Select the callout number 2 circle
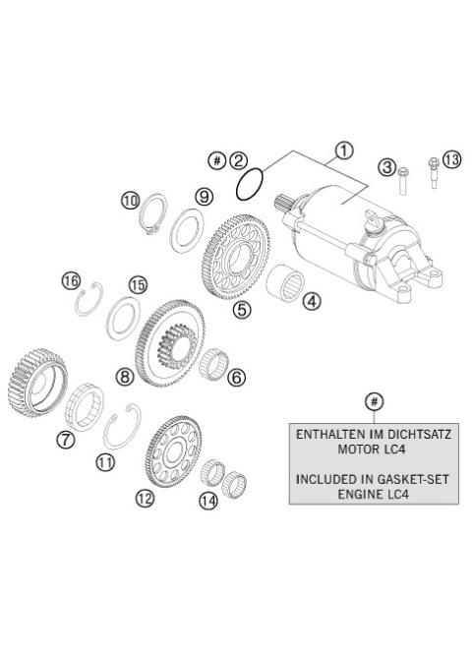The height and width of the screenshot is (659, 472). (239, 159)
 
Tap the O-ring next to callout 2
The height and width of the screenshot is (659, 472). (250, 182)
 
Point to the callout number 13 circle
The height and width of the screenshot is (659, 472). (450, 159)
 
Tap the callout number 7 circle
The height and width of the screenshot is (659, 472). (66, 440)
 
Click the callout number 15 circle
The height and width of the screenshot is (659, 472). (138, 285)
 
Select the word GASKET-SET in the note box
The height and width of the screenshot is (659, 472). (394, 480)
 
